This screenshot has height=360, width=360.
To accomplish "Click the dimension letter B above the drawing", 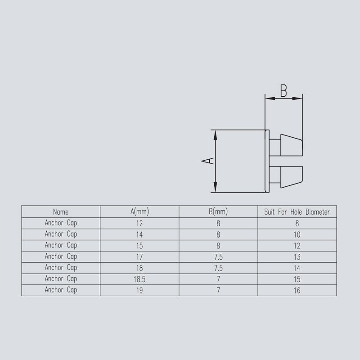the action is click(283, 90).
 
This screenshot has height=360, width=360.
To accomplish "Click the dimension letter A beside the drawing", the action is click(208, 161).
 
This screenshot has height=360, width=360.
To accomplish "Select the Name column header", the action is click(61, 211).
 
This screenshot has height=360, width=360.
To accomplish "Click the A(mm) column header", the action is click(139, 211).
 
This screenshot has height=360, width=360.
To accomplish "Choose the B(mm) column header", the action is click(218, 211).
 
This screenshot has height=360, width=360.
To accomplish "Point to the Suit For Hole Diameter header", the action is click(297, 211).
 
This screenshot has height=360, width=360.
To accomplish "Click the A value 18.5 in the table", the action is click(139, 279).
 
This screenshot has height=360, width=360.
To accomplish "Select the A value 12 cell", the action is click(139, 223).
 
